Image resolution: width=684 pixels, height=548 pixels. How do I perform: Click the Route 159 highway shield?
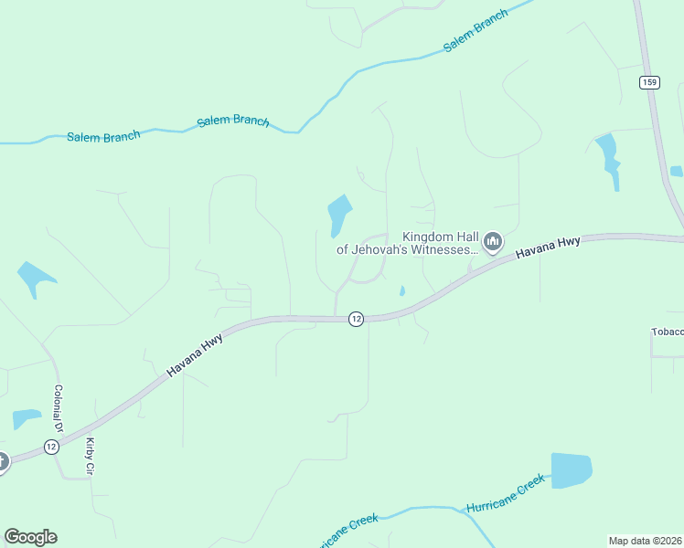pyautogui.click(x=649, y=82)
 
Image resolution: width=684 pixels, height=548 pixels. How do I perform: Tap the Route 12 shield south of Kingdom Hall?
pyautogui.click(x=356, y=318)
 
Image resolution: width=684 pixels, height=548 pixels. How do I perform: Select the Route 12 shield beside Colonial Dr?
pyautogui.click(x=50, y=447)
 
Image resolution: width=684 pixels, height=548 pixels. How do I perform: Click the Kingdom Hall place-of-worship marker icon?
pyautogui.click(x=493, y=242)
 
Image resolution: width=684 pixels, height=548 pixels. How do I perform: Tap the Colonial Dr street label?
pyautogui.click(x=58, y=408)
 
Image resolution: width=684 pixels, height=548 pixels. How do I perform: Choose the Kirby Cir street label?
pyautogui.click(x=91, y=457)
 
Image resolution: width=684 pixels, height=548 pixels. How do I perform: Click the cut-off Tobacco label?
pyautogui.click(x=667, y=332)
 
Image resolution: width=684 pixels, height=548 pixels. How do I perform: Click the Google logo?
pyautogui.click(x=30, y=537)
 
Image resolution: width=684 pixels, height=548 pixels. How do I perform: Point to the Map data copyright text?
pyautogui.click(x=644, y=541)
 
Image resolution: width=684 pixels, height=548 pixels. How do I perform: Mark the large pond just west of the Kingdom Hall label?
pyautogui.click(x=339, y=215)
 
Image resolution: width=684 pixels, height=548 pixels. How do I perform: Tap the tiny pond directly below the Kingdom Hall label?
pyautogui.click(x=402, y=291)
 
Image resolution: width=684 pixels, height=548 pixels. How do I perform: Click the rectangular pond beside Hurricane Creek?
pyautogui.click(x=571, y=470)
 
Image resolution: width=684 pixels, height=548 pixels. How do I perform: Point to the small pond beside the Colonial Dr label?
pyautogui.click(x=27, y=419)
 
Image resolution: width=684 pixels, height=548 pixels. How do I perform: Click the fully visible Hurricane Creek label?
pyautogui.click(x=506, y=492)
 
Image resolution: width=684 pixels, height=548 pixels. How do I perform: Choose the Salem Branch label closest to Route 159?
pyautogui.click(x=476, y=32)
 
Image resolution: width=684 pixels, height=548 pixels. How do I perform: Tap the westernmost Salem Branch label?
pyautogui.click(x=103, y=136)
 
